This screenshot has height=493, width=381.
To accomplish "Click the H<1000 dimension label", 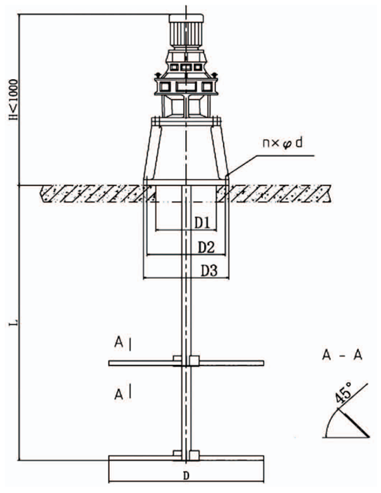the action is point(14,99).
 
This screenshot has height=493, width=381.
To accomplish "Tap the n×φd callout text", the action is point(283,143).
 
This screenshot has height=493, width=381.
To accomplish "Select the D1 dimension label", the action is point(202,223).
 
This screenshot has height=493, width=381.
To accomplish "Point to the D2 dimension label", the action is point(206,247).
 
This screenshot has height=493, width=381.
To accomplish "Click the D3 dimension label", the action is point(209,271).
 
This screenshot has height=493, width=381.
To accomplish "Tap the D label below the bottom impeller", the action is point(186,476).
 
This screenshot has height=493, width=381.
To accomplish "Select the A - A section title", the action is point(342,355).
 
